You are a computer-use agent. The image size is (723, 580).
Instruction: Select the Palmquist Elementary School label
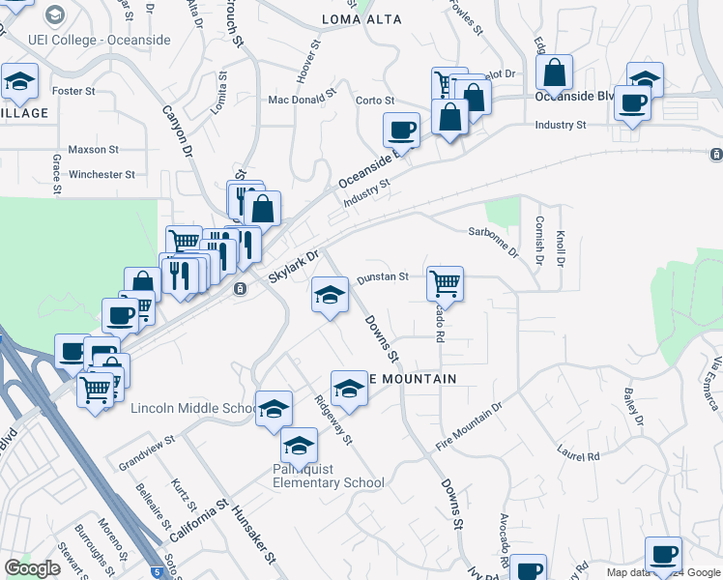(328, 482)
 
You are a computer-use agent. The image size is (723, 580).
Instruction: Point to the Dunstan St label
(383, 277)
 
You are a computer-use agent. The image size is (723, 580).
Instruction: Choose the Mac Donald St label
(302, 99)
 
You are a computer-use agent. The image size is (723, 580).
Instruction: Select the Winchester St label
(101, 175)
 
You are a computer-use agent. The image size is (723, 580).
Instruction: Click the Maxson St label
(94, 150)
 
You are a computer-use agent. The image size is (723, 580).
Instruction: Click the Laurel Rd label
(578, 450)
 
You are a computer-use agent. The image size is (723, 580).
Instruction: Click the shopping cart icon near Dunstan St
(445, 282)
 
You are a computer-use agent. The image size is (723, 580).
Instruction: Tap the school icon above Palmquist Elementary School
(300, 445)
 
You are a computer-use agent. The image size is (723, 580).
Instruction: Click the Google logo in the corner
(32, 569)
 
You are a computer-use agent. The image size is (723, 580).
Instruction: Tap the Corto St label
(375, 101)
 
